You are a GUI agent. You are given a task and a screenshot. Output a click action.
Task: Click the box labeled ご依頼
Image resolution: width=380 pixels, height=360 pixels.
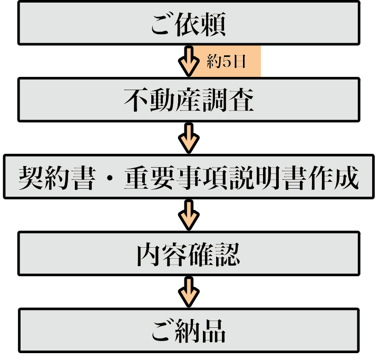tap(189, 23)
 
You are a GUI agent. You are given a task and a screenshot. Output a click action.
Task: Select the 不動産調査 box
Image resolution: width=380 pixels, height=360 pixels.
tap(189, 100)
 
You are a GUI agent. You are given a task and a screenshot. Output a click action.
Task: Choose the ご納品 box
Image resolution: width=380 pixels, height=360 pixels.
tap(189, 330)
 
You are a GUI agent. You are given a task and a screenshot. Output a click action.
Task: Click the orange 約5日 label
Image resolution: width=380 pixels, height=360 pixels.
tap(227, 62)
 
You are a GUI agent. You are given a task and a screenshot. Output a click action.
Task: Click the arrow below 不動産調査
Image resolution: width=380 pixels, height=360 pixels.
tap(188, 138)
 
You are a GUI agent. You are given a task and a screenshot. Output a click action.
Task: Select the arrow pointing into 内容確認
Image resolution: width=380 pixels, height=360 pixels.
tap(188, 215)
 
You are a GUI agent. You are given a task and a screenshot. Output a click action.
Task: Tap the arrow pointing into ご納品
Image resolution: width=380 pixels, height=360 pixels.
tap(188, 291)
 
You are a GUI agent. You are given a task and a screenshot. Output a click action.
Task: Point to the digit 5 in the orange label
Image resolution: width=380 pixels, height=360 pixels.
tap(227, 62)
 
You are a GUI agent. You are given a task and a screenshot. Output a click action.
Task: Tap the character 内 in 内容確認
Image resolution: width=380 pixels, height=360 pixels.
tap(149, 254)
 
